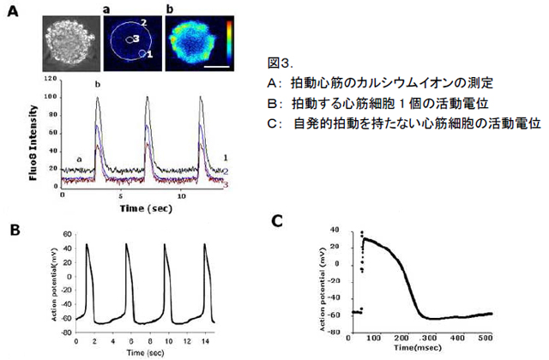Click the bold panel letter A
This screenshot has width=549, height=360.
[x=13, y=15]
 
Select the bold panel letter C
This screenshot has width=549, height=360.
[x=278, y=222]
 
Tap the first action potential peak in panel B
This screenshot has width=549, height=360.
[x=87, y=245]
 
